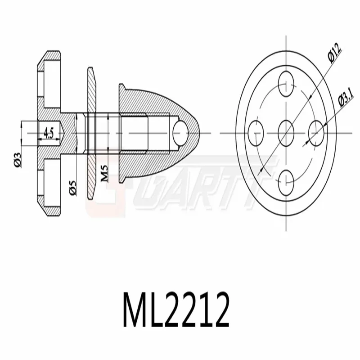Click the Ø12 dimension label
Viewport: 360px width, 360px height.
pos(334,53)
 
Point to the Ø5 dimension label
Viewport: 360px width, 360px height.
pos(72,188)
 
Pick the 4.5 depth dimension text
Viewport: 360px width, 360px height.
pos(49,133)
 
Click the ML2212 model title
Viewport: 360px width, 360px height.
pos(176,310)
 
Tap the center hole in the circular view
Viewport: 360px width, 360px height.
pos(286,133)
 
